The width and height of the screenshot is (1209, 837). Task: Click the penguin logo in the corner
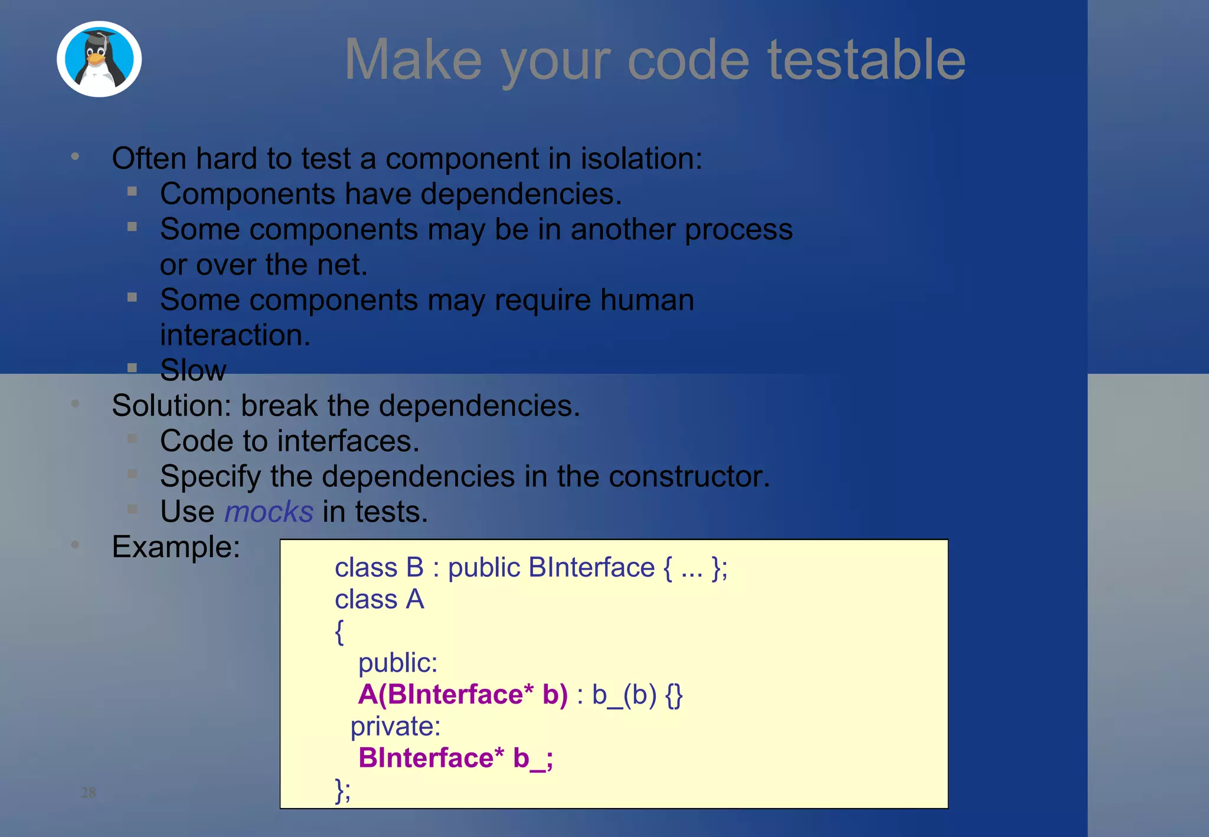[x=99, y=59]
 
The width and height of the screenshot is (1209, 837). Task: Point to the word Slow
[x=193, y=370]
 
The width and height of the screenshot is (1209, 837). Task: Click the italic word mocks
[x=269, y=511]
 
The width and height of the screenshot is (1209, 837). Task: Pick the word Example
[x=175, y=547]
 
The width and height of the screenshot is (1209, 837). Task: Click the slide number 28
[x=89, y=792]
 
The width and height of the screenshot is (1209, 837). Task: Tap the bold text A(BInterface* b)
[x=463, y=694]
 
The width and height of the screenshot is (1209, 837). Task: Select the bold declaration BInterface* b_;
[x=455, y=758]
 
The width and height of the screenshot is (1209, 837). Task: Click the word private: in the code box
[x=396, y=726]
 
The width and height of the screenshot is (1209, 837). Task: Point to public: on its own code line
[x=398, y=663]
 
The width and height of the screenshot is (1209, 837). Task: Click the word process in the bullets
[x=739, y=229]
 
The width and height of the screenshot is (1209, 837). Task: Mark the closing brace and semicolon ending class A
[x=342, y=790]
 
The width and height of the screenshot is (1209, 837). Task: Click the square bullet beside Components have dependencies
[x=132, y=191]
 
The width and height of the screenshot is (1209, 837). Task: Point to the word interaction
[x=235, y=335]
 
